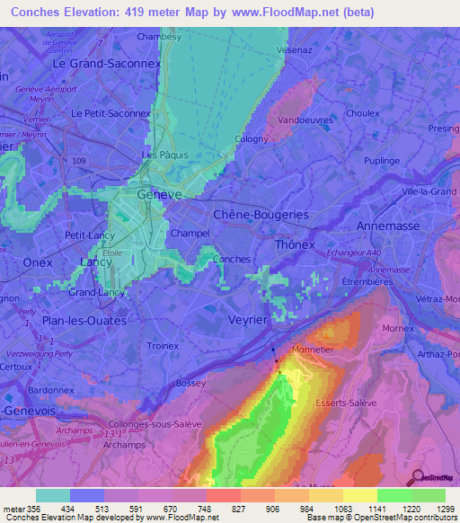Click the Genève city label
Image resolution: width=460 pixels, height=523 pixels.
tap(159, 194)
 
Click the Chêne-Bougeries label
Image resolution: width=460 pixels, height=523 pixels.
tap(261, 215)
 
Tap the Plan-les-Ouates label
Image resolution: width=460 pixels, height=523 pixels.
tap(85, 320)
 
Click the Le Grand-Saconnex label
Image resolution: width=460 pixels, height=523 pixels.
tap(106, 65)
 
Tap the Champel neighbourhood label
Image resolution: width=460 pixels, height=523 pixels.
tap(190, 234)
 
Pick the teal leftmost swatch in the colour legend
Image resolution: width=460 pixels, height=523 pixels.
tap(53, 495)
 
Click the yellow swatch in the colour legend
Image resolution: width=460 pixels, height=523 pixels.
tap(359, 495)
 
